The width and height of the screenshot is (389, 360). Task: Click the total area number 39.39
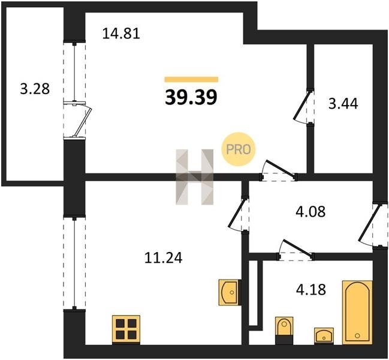pos(191,97)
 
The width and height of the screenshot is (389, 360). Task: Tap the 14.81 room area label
pos(121,34)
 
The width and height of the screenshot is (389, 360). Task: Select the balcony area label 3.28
pos(35,89)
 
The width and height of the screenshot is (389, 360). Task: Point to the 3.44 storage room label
pos(343,104)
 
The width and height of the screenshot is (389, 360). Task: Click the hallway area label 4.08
pos(310,212)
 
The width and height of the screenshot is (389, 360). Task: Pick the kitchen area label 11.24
pos(163,257)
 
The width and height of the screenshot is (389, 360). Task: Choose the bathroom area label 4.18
pos(311,289)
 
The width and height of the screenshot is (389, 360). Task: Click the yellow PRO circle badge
pos(238,149)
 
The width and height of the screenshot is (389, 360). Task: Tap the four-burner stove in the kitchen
pos(126,330)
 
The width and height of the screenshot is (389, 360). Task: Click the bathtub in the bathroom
pos(357,313)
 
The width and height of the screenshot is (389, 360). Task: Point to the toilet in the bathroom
pos(284,330)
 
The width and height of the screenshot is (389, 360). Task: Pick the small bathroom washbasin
pos(323,335)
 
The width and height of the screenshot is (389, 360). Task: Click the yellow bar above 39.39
pos(191,79)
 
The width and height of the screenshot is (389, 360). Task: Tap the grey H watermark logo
pos(194,177)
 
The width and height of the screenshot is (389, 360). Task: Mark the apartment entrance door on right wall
pos(369,223)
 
